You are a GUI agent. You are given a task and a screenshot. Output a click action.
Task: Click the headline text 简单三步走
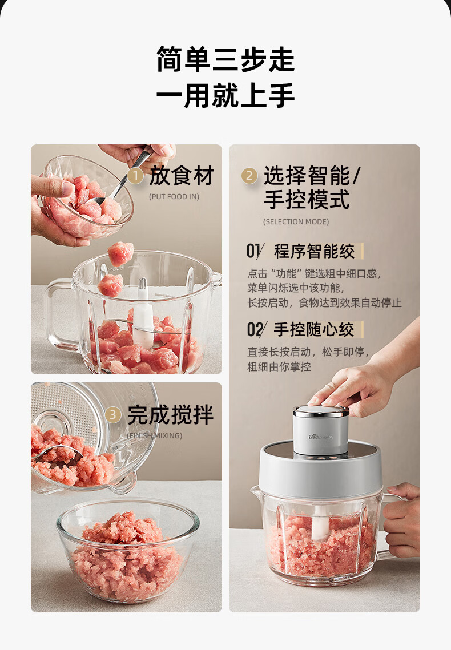point(226,59)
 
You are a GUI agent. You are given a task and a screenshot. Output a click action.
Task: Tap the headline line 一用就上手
point(226,95)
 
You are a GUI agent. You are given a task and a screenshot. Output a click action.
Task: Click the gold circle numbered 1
point(135,176)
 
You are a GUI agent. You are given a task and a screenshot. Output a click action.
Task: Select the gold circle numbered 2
point(249,176)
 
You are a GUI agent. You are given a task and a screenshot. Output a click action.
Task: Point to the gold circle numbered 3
point(113,415)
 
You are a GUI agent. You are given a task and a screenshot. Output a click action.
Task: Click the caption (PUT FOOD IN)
point(174,196)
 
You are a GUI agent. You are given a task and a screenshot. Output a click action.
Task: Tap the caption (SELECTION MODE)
point(296,222)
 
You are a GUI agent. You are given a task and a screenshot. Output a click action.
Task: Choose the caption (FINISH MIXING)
point(155,435)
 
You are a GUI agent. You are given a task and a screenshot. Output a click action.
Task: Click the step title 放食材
point(181,175)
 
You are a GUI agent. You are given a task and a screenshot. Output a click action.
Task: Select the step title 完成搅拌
point(170,414)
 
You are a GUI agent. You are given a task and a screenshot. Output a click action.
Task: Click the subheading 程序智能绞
point(314,251)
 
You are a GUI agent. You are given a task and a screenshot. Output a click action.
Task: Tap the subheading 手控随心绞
point(314,329)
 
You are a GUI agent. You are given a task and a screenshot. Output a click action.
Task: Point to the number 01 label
point(255,251)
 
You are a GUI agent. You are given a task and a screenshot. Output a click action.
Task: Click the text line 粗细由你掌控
point(279,366)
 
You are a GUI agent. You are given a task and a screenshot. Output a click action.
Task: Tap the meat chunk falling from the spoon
point(120,253)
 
